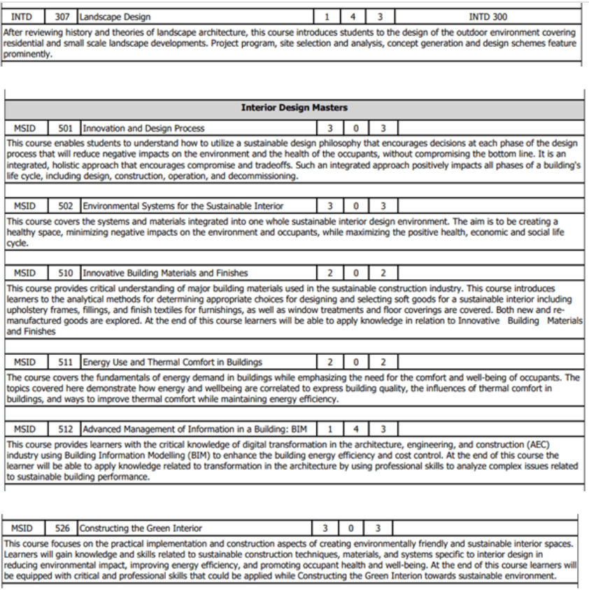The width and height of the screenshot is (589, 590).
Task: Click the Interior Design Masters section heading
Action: point(294,108)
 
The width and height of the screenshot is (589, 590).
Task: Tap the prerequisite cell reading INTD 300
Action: point(488,16)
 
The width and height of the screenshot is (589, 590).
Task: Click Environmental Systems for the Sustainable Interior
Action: point(183,206)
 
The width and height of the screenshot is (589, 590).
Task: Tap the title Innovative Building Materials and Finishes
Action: point(165,273)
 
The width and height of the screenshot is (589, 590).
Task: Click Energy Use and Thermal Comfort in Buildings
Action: point(173,362)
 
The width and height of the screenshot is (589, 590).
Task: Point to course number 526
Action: point(62,528)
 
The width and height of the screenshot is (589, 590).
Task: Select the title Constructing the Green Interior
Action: point(141,528)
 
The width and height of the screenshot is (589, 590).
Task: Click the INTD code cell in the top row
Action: point(22,16)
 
